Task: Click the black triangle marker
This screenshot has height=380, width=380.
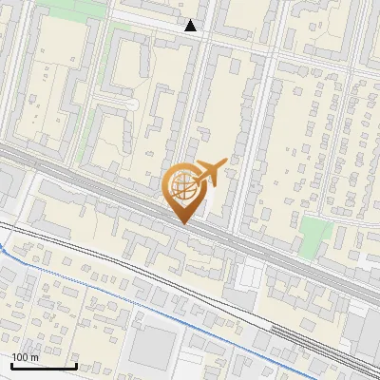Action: pos(191,26)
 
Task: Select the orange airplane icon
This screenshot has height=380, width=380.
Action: pos(209,173)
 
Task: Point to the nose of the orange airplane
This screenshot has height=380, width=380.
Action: pos(225,161)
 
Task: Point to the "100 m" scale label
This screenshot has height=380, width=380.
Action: pos(25,357)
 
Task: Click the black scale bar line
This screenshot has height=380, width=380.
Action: pos(44,366)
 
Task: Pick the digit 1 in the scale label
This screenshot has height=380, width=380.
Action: pos(14,357)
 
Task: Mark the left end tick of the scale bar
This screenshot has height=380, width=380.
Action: pos(11,364)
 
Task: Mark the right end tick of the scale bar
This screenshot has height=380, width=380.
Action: pos(76,364)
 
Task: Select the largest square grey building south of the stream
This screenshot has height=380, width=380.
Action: pos(152,348)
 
